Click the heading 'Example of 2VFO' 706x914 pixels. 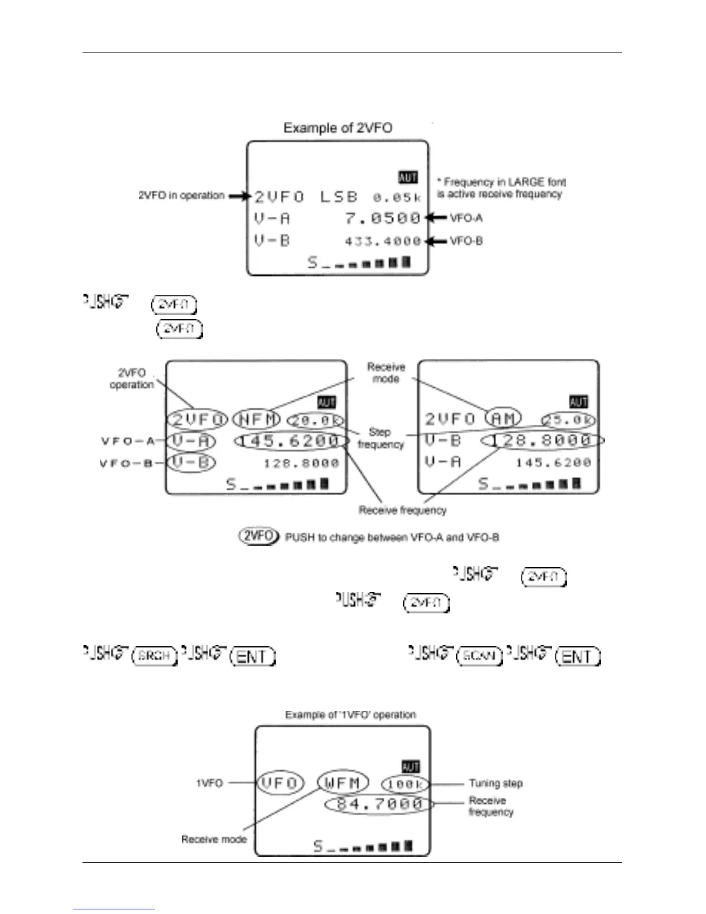pos(337,128)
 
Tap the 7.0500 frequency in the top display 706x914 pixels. pos(383,218)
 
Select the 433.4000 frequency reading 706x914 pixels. pos(383,241)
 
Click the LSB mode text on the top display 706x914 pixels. pos(339,197)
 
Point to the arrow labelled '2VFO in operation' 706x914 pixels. pos(239,196)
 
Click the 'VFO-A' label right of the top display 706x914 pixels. pos(466,218)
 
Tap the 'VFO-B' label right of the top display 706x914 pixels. pos(466,241)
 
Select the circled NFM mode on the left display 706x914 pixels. pos(256,419)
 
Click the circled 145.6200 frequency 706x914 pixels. pos(291,441)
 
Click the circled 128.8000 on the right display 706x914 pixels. pos(542,441)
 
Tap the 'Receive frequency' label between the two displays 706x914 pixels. pos(403,510)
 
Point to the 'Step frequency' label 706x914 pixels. pos(380,439)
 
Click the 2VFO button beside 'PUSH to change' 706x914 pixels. pos(258,536)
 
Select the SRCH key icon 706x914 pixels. pos(154,657)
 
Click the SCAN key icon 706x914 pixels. pos(479,657)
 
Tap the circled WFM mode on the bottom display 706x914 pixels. pos(343,783)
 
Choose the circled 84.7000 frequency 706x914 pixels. pos(379,804)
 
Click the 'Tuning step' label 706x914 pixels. pos(495,783)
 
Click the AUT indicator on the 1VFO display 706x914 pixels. pos(410,767)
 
